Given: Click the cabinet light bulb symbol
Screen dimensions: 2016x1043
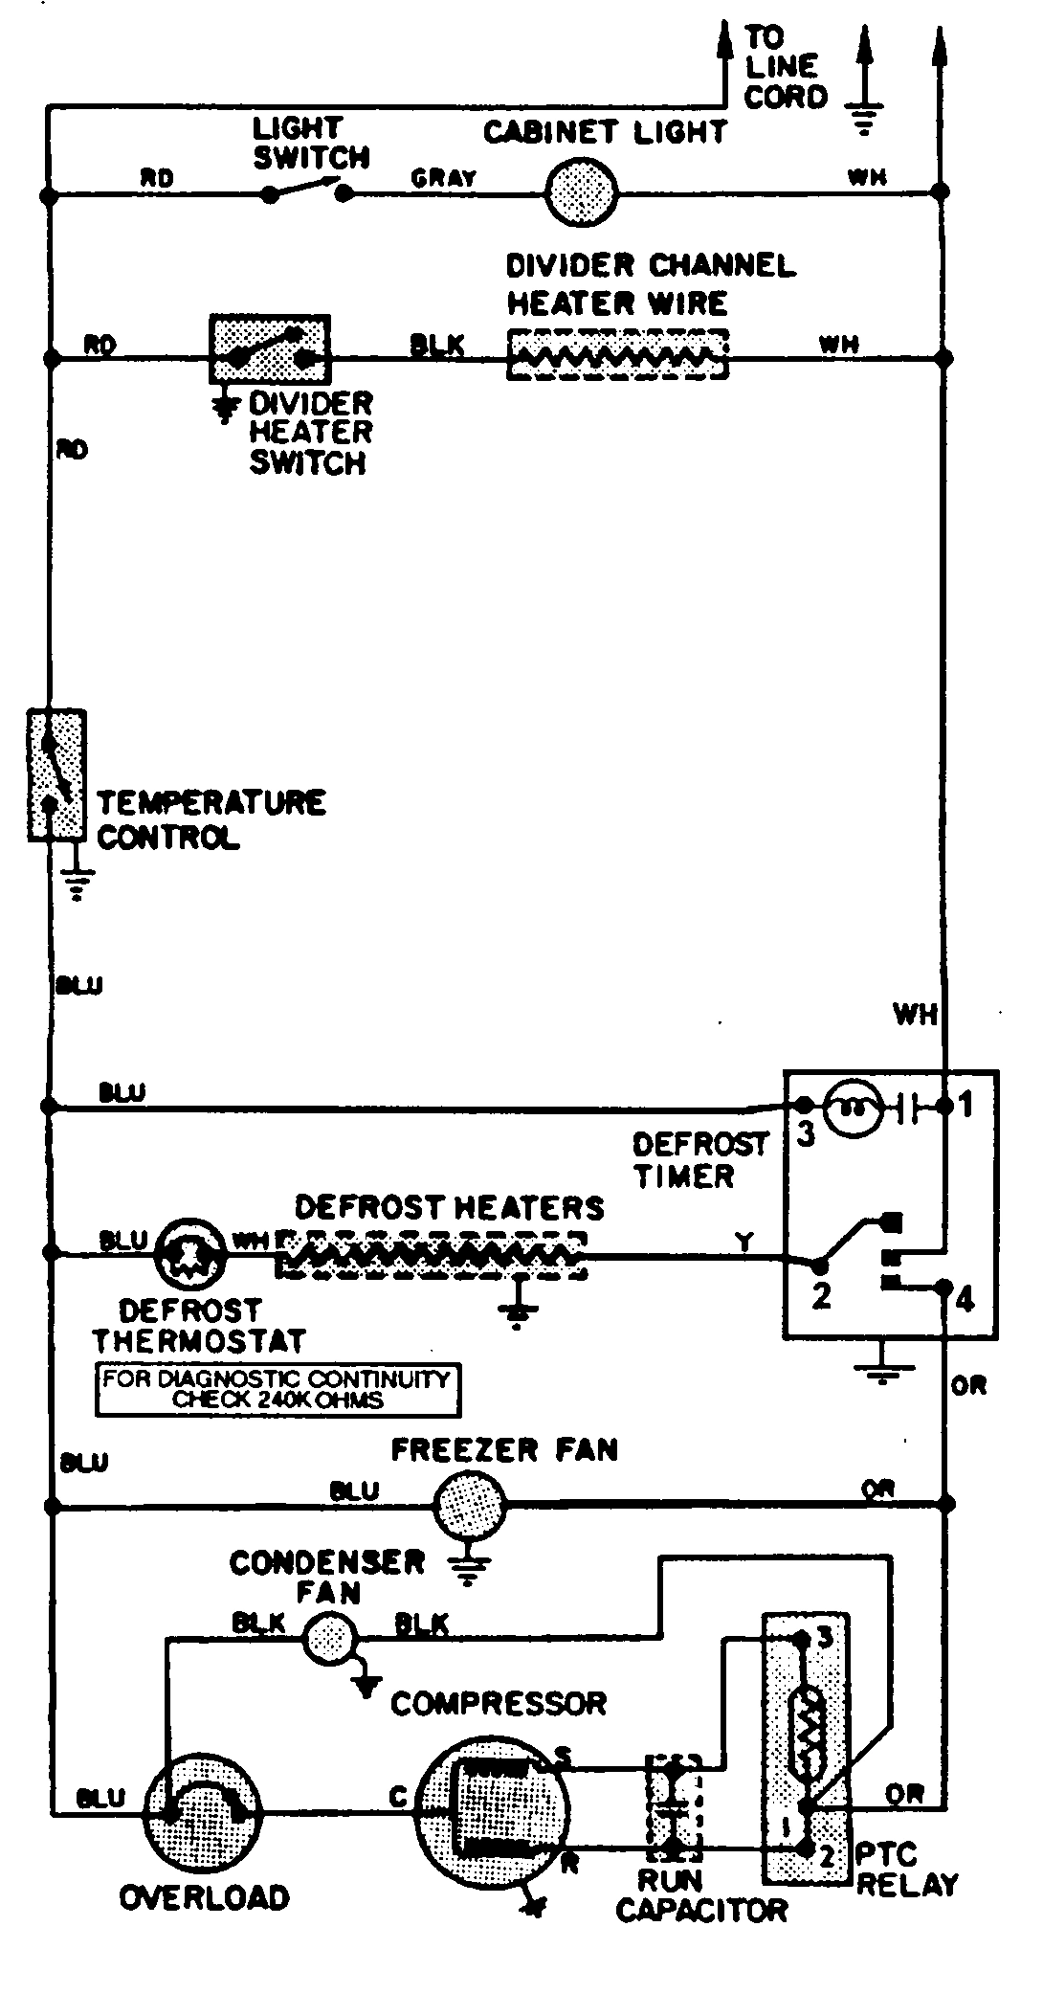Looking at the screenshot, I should coord(581,192).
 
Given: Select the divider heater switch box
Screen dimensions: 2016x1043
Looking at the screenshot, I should coord(269,349).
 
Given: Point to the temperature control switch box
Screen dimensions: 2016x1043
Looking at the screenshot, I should coord(56,774).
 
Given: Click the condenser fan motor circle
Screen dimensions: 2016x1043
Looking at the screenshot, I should coord(330,1640).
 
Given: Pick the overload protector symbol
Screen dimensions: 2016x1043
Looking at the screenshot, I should coord(204,1812).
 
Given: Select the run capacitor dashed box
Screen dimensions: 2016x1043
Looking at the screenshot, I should coord(674,1807).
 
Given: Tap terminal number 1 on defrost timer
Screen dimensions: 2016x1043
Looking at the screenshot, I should coord(965,1106).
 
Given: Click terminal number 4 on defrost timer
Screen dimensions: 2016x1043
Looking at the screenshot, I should coord(965,1300).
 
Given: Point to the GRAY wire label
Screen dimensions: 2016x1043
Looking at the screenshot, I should coord(443,178).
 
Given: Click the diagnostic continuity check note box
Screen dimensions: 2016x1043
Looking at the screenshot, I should coord(277,1390).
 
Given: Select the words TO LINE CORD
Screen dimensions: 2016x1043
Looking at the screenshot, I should coord(784,67).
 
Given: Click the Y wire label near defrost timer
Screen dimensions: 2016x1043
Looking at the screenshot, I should coord(744,1243).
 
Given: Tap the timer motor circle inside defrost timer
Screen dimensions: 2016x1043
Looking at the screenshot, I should coord(852,1109).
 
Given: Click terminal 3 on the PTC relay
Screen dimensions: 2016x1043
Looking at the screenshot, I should coord(824,1638).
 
